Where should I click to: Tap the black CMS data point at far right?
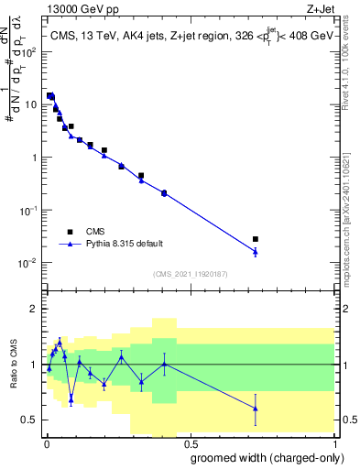coord(256,239)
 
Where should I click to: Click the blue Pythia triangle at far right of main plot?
coord(256,251)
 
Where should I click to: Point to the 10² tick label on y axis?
coord(32,51)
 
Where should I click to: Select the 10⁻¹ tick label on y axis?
coord(32,210)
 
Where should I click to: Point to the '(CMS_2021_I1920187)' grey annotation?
coord(190,272)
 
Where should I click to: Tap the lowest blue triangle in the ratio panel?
coord(256,409)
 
